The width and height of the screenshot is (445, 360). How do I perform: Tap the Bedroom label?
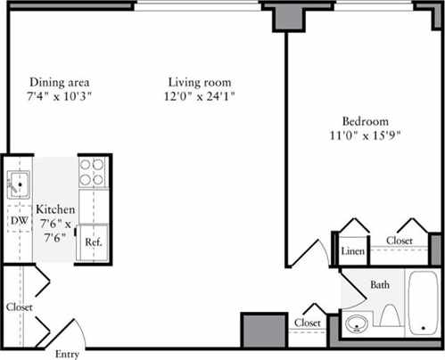366,122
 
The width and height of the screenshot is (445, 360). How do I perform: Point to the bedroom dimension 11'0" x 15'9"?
366,136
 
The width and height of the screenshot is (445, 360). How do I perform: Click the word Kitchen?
55,210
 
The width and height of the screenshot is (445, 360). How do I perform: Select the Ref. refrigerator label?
92,241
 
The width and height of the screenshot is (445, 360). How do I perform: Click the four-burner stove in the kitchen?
92,171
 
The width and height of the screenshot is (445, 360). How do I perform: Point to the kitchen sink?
18,185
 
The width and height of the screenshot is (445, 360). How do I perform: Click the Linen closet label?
353,252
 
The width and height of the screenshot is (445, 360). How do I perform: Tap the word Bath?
381,285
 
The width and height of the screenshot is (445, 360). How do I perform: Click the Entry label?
68,354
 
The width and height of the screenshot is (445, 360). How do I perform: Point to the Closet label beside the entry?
19,307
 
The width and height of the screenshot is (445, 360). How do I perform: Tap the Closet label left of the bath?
308,322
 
